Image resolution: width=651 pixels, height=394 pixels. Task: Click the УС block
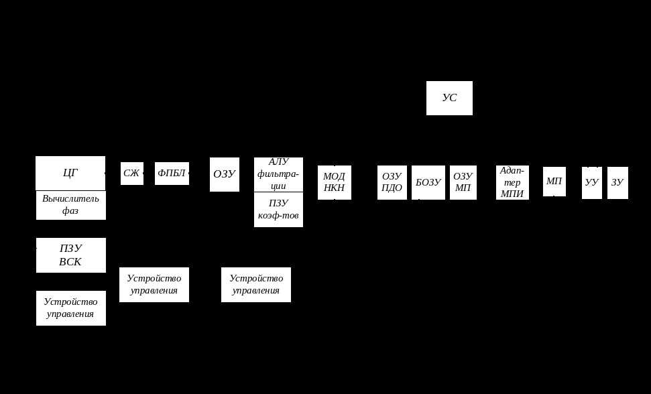pyautogui.click(x=449, y=98)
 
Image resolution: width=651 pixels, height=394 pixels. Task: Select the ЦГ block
pyautogui.click(x=70, y=173)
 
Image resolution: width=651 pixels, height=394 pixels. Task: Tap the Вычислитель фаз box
pyautogui.click(x=70, y=205)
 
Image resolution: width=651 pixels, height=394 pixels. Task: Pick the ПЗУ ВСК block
pyautogui.click(x=70, y=255)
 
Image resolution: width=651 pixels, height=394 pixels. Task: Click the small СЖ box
pyautogui.click(x=131, y=174)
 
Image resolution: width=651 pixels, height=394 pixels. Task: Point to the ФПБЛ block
pyautogui.click(x=172, y=174)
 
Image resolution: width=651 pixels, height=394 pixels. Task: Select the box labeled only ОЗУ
pyautogui.click(x=224, y=174)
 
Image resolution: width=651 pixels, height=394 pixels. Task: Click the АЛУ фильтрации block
pyautogui.click(x=278, y=174)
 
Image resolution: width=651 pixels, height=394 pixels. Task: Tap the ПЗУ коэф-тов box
pyautogui.click(x=278, y=210)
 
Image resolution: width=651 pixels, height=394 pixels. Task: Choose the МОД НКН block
pyautogui.click(x=334, y=182)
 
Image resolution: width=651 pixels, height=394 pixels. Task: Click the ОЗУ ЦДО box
pyautogui.click(x=392, y=182)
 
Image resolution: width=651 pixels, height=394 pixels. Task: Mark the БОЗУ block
pyautogui.click(x=428, y=182)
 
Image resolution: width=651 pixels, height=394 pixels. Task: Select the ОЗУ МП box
pyautogui.click(x=463, y=182)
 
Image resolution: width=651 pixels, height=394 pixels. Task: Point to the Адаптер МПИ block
pyautogui.click(x=512, y=182)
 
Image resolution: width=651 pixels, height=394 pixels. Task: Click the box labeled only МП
pyautogui.click(x=554, y=182)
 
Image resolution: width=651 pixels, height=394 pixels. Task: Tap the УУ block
pyautogui.click(x=591, y=182)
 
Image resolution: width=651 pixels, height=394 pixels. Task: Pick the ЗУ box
pyautogui.click(x=617, y=182)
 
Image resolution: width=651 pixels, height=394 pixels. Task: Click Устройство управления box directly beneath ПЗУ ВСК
pyautogui.click(x=70, y=308)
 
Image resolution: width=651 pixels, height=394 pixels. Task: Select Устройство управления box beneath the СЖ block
pyautogui.click(x=154, y=285)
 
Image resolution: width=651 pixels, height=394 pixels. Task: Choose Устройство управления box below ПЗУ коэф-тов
pyautogui.click(x=255, y=285)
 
